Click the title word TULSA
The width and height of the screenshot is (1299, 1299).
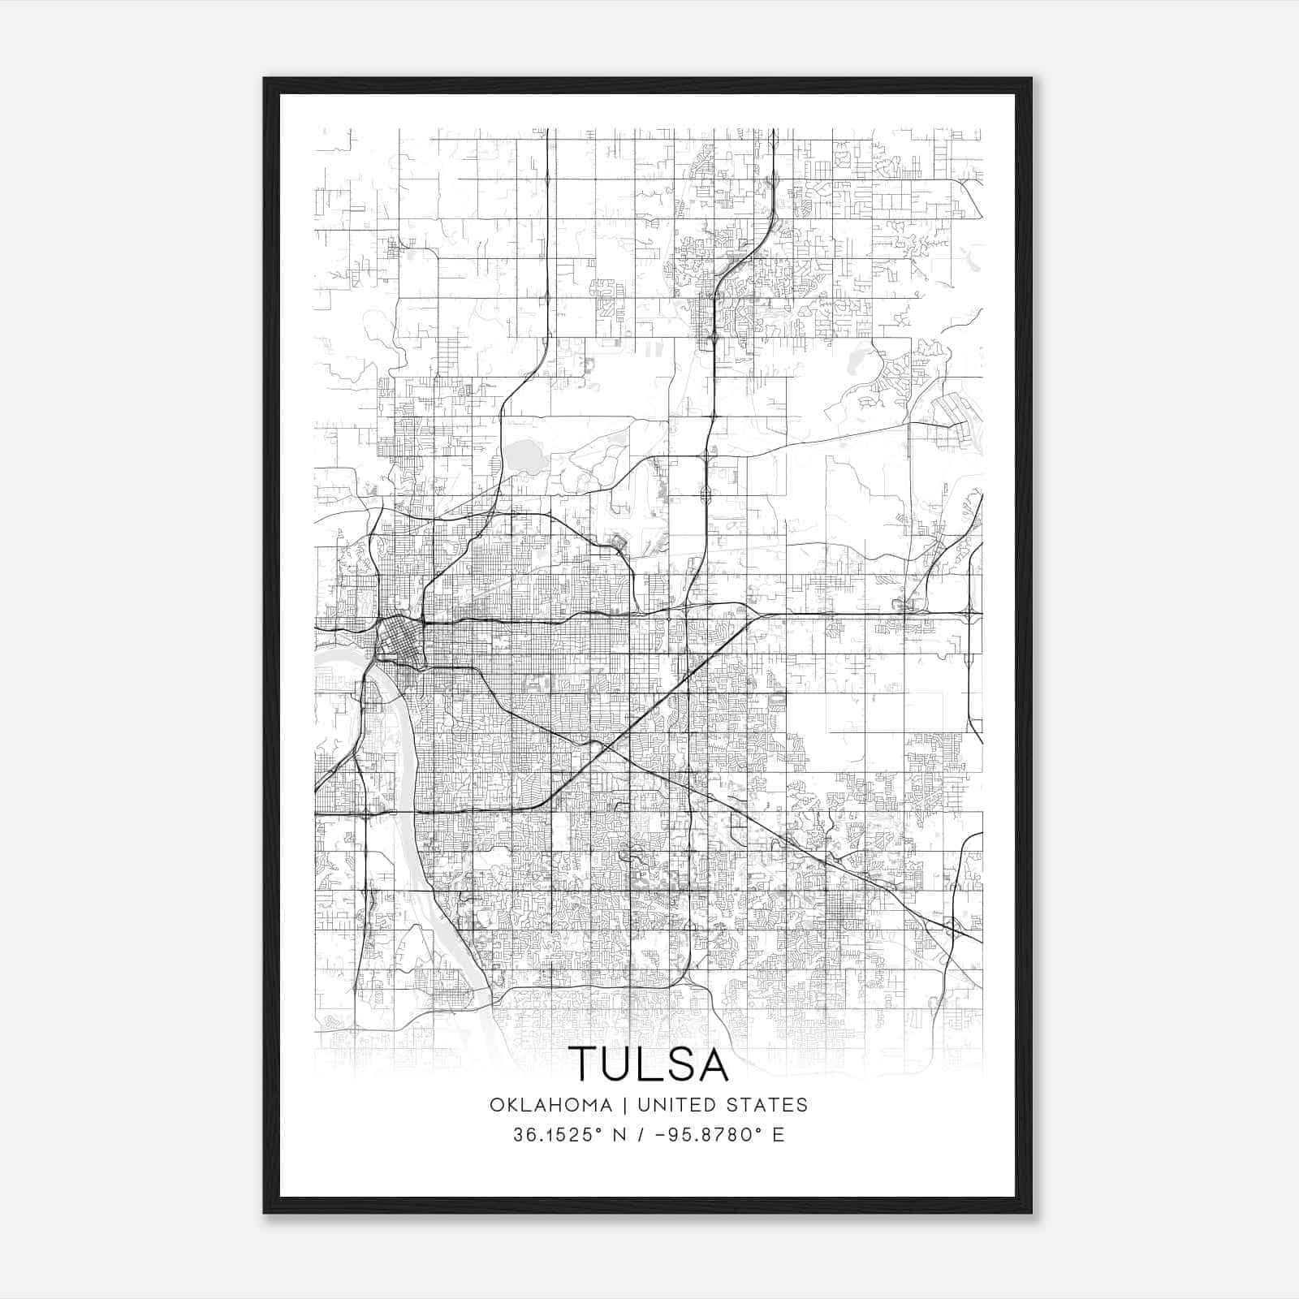[648, 1064]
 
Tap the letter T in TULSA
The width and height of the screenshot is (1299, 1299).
[584, 1064]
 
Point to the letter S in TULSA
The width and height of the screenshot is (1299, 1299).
[678, 1064]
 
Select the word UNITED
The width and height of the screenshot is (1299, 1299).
[676, 1105]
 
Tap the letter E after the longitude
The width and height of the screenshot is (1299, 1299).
[778, 1135]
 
